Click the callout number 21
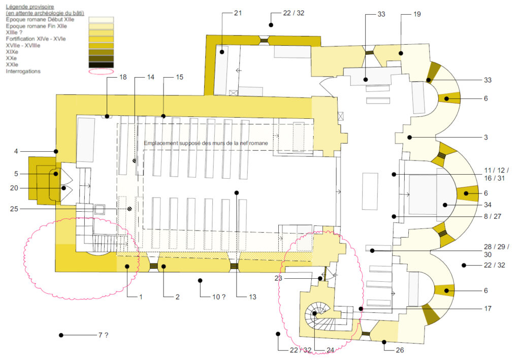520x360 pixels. tap(238, 13)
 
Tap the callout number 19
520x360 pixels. tap(417, 14)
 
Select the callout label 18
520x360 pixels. tap(123, 77)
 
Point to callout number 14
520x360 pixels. tap(150, 77)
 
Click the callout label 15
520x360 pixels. tap(179, 77)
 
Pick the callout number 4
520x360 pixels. tap(16, 151)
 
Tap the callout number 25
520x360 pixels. tap(14, 209)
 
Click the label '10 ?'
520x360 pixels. tap(219, 297)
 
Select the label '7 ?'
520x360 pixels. tap(103, 335)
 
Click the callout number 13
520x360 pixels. tap(253, 297)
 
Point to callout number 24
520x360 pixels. tap(330, 350)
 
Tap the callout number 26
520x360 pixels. tap(400, 350)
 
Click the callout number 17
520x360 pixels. tap(487, 308)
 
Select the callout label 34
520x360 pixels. tap(487, 205)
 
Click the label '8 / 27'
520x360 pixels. tap(493, 216)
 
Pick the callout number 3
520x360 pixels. tap(486, 137)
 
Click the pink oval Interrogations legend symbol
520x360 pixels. tap(101, 71)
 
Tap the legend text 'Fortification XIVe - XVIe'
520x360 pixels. tap(36, 39)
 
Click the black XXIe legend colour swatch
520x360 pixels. tap(101, 65)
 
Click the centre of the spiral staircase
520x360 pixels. tap(315, 313)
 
